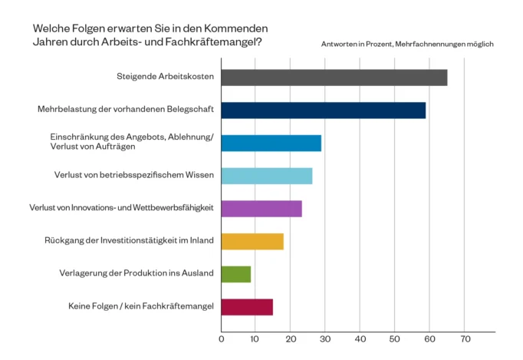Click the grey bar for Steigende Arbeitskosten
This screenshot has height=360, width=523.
[x=334, y=78]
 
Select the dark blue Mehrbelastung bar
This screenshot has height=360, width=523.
[x=323, y=111]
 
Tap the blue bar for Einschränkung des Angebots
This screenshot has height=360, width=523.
[x=271, y=143]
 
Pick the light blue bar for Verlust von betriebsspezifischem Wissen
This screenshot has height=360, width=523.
[x=266, y=176]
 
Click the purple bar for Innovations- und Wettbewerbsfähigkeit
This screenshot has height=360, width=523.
[x=261, y=209]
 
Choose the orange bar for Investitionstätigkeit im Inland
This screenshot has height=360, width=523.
[x=252, y=241]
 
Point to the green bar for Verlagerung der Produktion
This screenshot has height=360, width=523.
[x=235, y=274]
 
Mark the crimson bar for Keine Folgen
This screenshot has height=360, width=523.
[x=246, y=307]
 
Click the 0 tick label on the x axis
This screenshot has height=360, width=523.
[x=221, y=339]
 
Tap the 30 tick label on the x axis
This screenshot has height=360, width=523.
[x=325, y=339]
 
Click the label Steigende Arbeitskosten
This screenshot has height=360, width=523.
[x=164, y=78]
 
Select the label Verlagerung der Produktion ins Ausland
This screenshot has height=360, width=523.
[x=137, y=274]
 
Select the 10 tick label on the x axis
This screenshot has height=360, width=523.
[x=255, y=339]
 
